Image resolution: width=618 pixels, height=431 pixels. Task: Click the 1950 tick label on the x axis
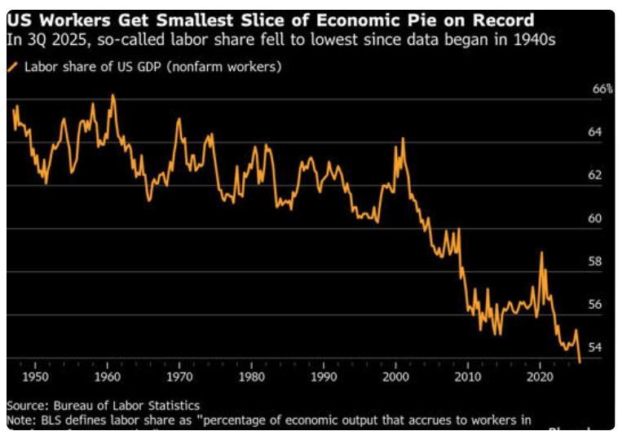click(x=35, y=377)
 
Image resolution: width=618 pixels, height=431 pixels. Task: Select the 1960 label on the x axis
click(x=108, y=377)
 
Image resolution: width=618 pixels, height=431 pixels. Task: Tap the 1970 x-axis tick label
click(x=179, y=377)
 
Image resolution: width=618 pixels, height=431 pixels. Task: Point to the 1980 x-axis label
click(x=252, y=377)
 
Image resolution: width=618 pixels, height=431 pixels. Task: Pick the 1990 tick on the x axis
click(x=324, y=377)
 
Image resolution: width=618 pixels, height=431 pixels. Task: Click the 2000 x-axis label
click(x=396, y=377)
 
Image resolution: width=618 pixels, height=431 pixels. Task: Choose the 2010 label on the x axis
click(x=468, y=377)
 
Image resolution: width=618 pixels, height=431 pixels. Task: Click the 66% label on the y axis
click(x=601, y=89)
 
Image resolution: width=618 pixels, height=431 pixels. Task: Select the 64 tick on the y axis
click(x=594, y=132)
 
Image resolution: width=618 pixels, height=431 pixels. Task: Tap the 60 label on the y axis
click(x=594, y=218)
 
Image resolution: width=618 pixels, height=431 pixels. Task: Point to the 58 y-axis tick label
click(x=594, y=262)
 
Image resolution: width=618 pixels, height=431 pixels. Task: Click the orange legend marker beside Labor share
click(x=12, y=67)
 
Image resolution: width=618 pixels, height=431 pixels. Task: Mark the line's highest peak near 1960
click(x=113, y=95)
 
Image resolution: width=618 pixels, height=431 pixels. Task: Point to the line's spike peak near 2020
click(x=541, y=253)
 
